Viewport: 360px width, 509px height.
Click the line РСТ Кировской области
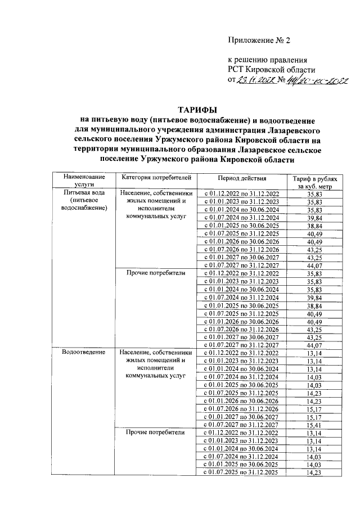pos(272,69)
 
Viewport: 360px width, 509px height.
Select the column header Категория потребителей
pos(156,178)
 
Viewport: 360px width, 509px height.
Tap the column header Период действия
pos(242,178)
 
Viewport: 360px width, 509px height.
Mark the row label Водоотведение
pos(84,352)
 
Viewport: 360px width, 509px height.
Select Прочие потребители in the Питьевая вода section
pos(156,273)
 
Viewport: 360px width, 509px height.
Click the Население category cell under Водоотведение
pos(156,364)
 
